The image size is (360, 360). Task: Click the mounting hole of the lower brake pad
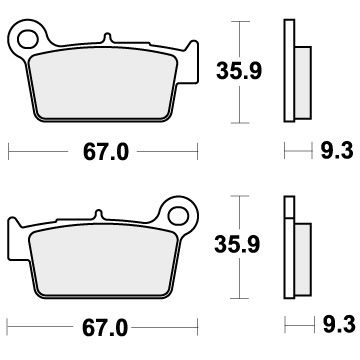click(x=179, y=213)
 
